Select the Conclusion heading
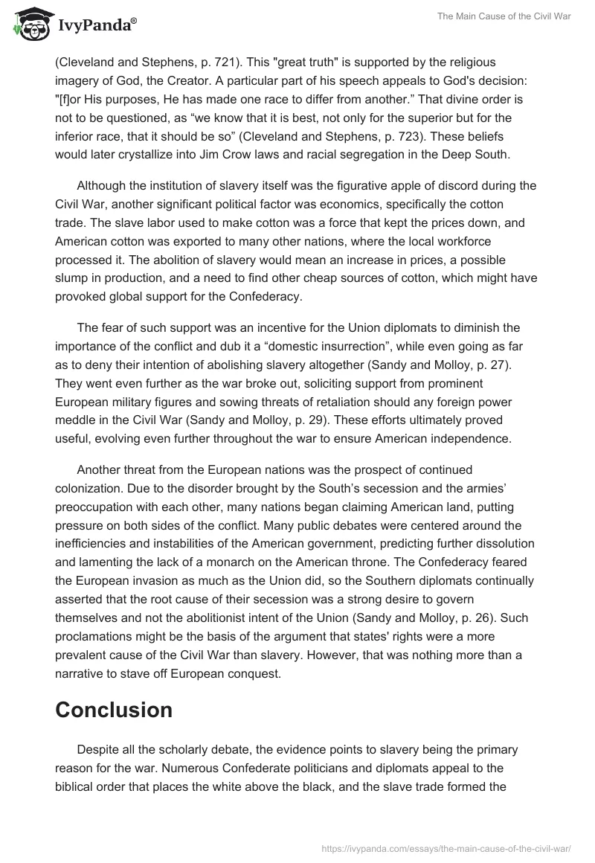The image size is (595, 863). click(x=114, y=709)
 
